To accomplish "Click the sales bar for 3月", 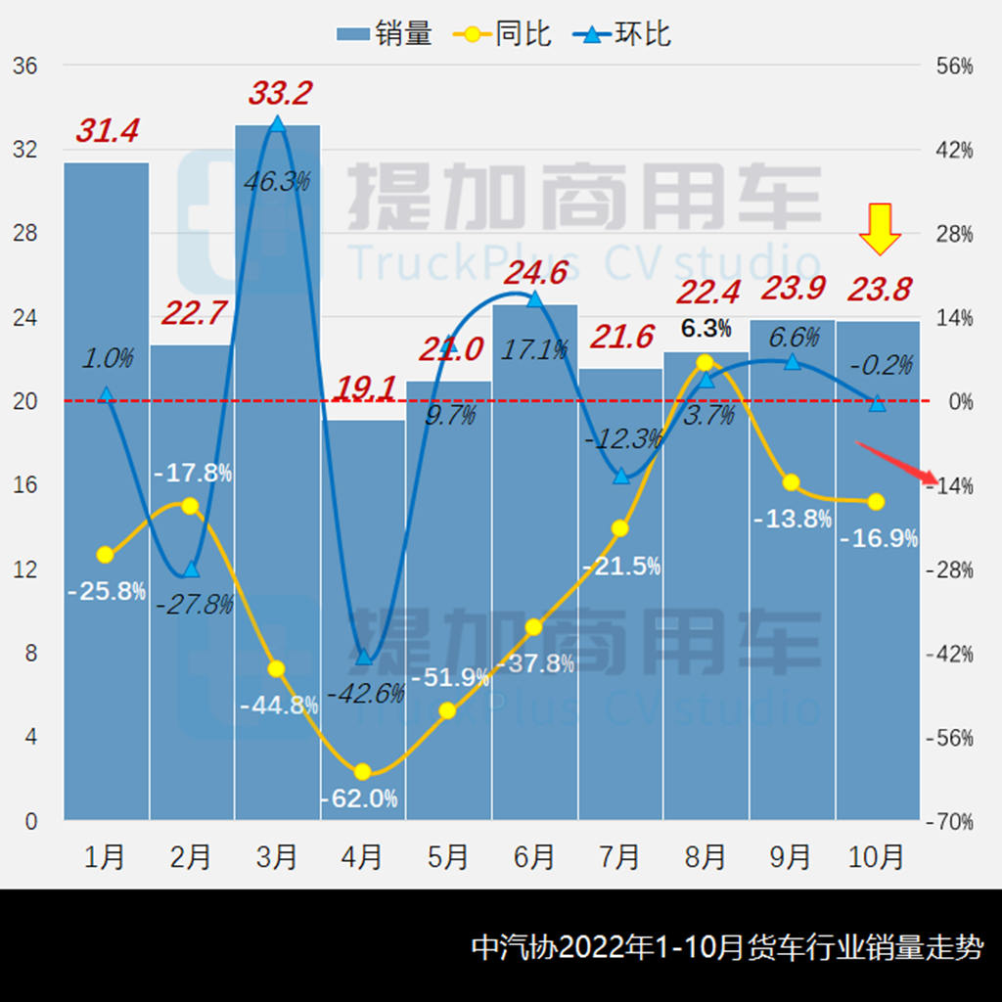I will pyautogui.click(x=277, y=470).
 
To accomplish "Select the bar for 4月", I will pyautogui.click(x=362, y=616).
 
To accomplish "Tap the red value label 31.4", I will pyautogui.click(x=108, y=130).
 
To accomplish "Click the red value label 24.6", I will pyautogui.click(x=536, y=272).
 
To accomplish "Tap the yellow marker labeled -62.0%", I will pyautogui.click(x=362, y=772).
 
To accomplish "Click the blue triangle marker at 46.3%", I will pyautogui.click(x=277, y=124).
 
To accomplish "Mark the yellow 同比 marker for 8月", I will pyautogui.click(x=706, y=363).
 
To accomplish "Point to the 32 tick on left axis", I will pyautogui.click(x=24, y=150).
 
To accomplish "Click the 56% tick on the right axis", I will pyautogui.click(x=954, y=67).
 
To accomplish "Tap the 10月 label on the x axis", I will pyautogui.click(x=877, y=857).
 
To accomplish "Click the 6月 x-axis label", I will pyautogui.click(x=534, y=857).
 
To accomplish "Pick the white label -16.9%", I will pyautogui.click(x=878, y=538).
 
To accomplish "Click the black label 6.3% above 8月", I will pyautogui.click(x=706, y=329).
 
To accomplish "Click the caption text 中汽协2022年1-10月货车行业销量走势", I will pyautogui.click(x=727, y=947).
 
